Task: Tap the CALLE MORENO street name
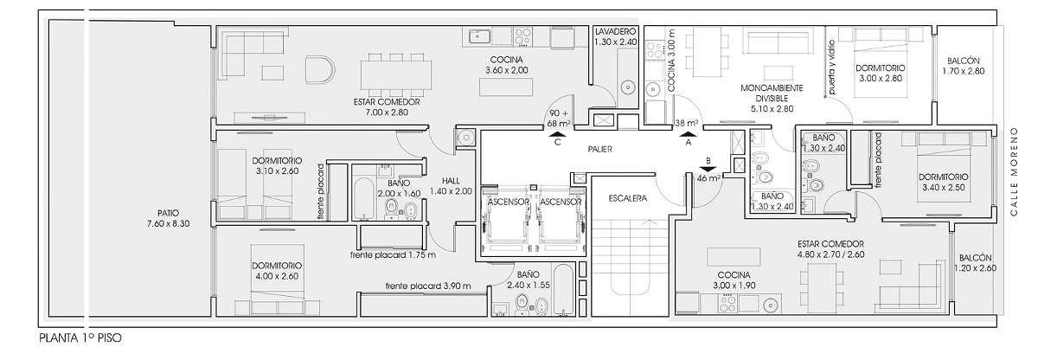pyautogui.click(x=1014, y=171)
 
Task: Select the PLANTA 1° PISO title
pyautogui.click(x=80, y=338)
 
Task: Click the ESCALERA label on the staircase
pyautogui.click(x=627, y=198)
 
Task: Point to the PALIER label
pyautogui.click(x=600, y=149)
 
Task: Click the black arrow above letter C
pyautogui.click(x=557, y=134)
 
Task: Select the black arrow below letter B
pyautogui.click(x=708, y=169)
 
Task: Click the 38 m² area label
pyautogui.click(x=686, y=123)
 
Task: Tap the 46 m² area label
pyautogui.click(x=708, y=178)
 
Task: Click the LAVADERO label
pyautogui.click(x=615, y=31)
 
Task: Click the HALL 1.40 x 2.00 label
pyautogui.click(x=451, y=186)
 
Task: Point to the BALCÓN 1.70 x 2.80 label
pyautogui.click(x=964, y=66)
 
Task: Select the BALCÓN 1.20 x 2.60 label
pyautogui.click(x=976, y=263)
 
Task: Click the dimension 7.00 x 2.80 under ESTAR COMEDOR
pyautogui.click(x=387, y=112)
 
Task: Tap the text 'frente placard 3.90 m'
pyautogui.click(x=428, y=286)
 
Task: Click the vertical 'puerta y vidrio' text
pyautogui.click(x=831, y=67)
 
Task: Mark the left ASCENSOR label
pyautogui.click(x=509, y=202)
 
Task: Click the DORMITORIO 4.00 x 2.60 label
pyautogui.click(x=277, y=271)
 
